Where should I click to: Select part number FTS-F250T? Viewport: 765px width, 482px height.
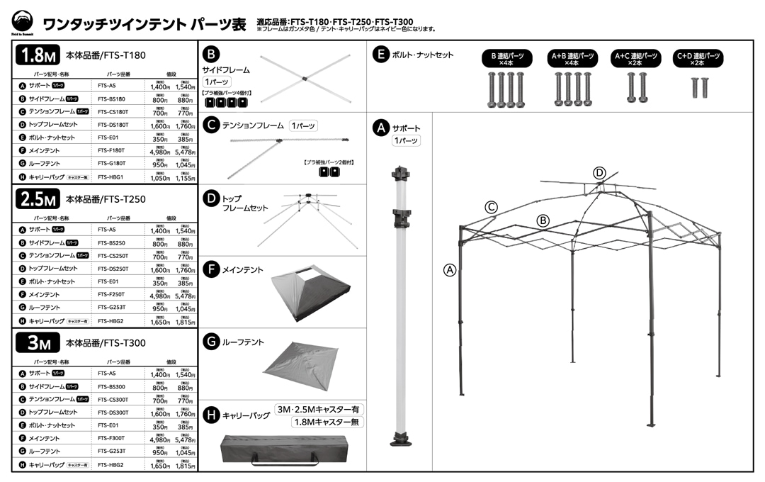[111, 294]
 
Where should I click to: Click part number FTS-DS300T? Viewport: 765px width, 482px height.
[113, 412]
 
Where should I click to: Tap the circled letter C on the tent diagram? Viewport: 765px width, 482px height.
[491, 207]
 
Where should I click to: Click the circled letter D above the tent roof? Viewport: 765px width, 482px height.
[599, 172]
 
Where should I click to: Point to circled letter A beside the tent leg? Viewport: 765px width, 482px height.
[448, 269]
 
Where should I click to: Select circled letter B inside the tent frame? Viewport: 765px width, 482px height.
[543, 220]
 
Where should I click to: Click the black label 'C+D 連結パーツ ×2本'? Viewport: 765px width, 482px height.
[698, 59]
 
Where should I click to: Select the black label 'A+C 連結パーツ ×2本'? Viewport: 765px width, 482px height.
[635, 59]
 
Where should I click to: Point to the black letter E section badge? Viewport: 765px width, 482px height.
[381, 55]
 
